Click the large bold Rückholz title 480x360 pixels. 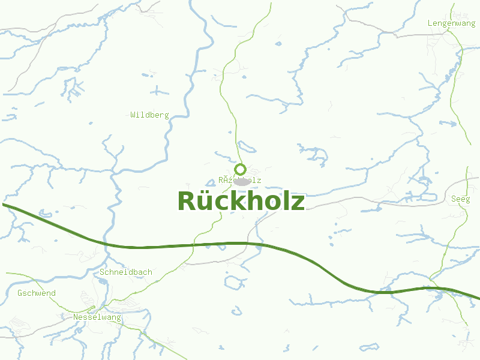pos(241,201)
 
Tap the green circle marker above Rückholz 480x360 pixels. pos(241,169)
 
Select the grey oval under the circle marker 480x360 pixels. pos(242,181)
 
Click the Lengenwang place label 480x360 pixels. pos(451,23)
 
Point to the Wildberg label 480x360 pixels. pos(149,115)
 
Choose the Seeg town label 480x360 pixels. pos(461,199)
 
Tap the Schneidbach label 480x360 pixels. pos(126,272)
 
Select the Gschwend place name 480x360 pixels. pos(37,293)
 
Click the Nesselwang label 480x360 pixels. pos(97,317)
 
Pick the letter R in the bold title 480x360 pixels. pos(187,201)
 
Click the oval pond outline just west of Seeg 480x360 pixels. pos(429,197)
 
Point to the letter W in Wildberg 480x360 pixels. pos(133,115)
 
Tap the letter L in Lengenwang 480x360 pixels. pos(430,23)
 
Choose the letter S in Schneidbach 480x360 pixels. pos(103,272)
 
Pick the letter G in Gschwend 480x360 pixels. pos(20,293)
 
